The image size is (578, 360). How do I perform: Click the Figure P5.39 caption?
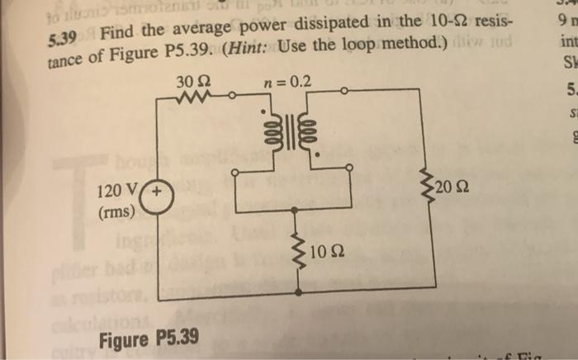147,339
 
